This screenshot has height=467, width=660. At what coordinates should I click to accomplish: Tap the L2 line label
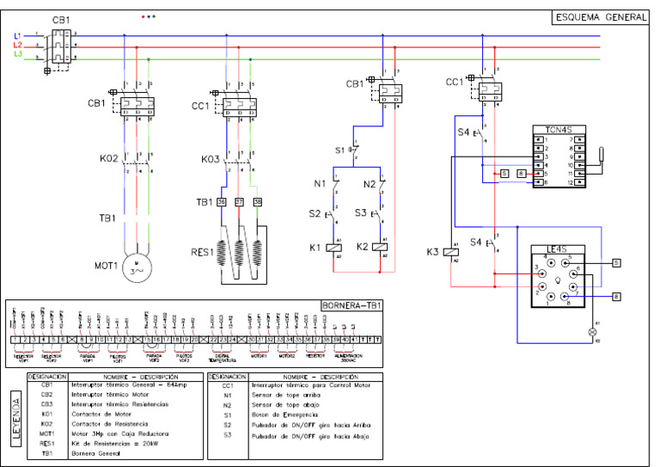17,45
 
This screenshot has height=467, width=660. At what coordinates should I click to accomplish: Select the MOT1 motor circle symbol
136,267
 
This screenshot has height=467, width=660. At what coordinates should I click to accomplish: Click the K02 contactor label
107,158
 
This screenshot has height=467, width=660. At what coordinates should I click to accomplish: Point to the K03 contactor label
211,158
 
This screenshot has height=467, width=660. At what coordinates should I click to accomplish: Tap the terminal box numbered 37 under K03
238,201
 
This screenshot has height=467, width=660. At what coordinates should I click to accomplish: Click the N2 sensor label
370,184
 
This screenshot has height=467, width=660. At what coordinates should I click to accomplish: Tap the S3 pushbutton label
362,212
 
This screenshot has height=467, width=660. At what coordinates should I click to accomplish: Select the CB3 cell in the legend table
46,402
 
